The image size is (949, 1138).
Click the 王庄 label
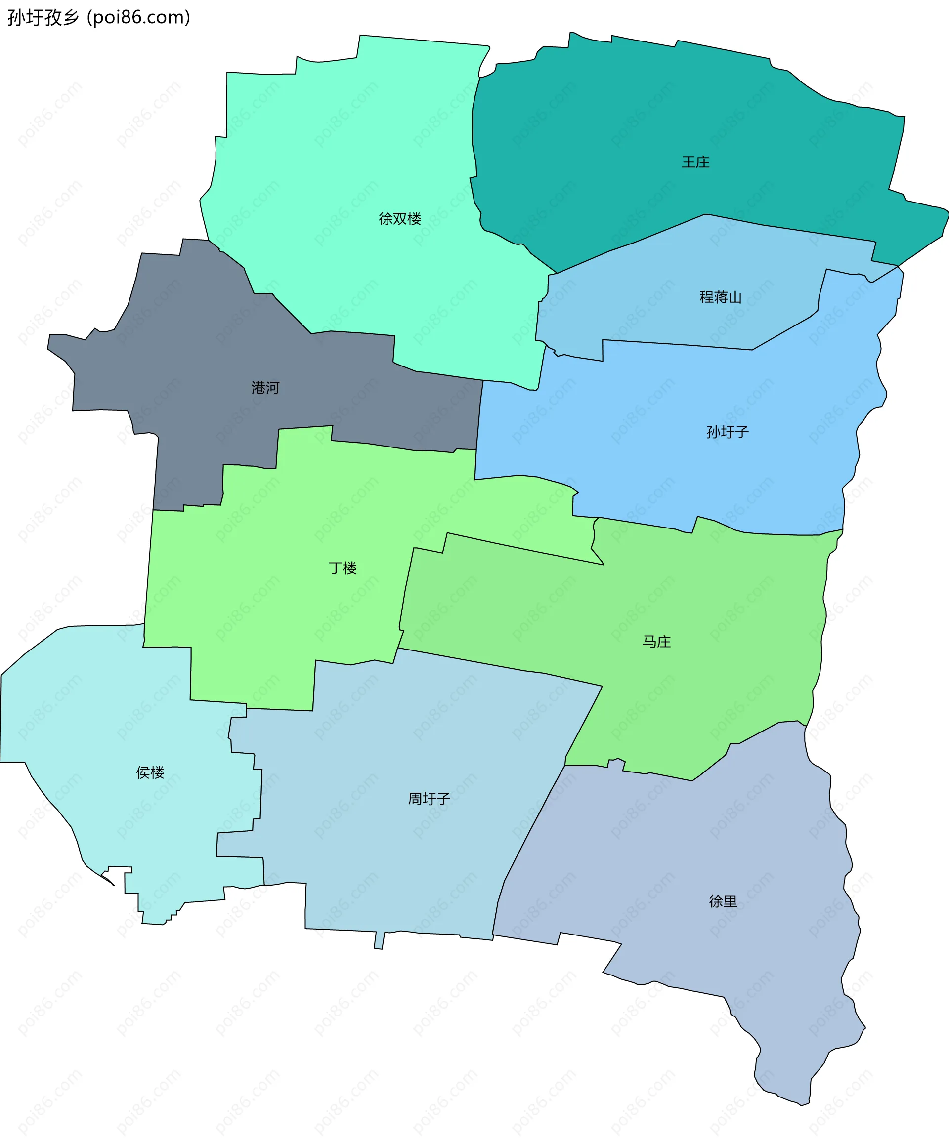695,162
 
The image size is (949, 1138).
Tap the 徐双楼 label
400,218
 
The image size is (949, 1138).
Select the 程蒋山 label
720,297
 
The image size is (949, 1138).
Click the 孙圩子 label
727,432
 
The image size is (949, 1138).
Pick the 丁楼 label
343,568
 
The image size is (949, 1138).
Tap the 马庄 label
657,642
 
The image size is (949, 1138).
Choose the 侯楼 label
150,772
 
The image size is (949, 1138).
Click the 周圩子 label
429,799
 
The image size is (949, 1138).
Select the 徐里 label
723,901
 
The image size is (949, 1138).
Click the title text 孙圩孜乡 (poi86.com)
99,17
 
